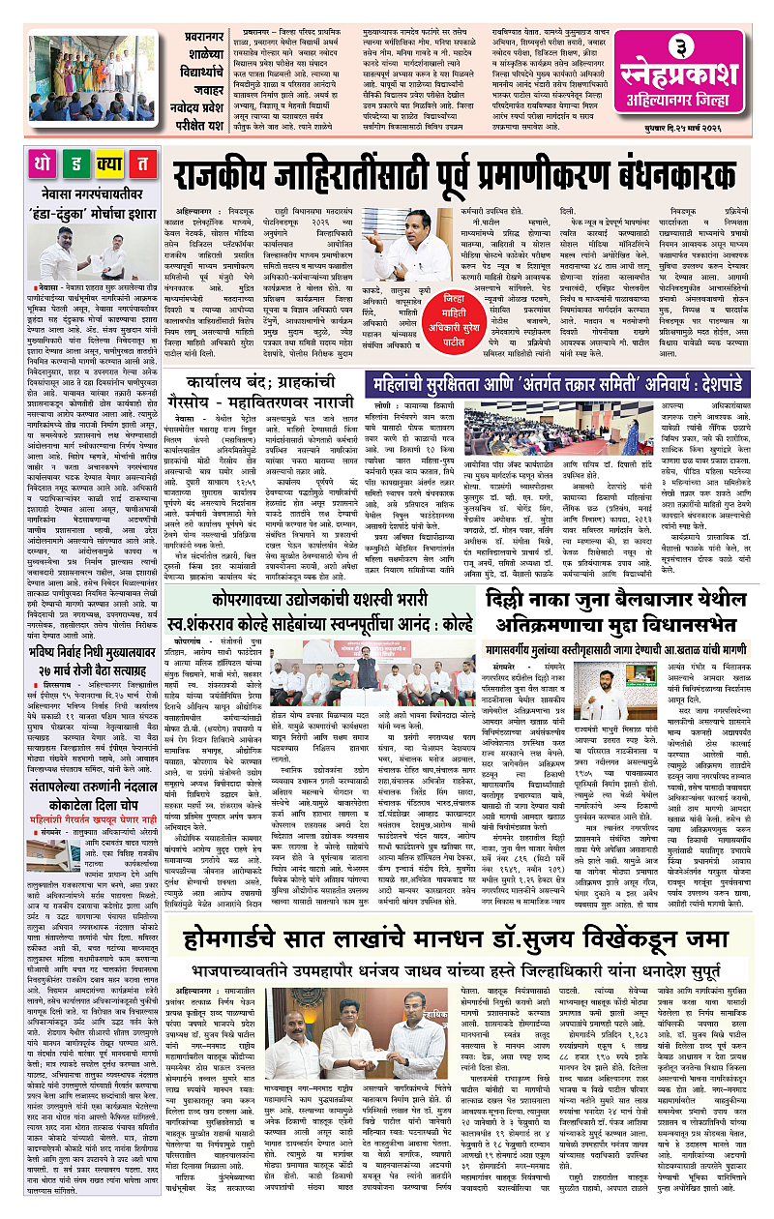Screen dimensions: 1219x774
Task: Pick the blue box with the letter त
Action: click(141, 164)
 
